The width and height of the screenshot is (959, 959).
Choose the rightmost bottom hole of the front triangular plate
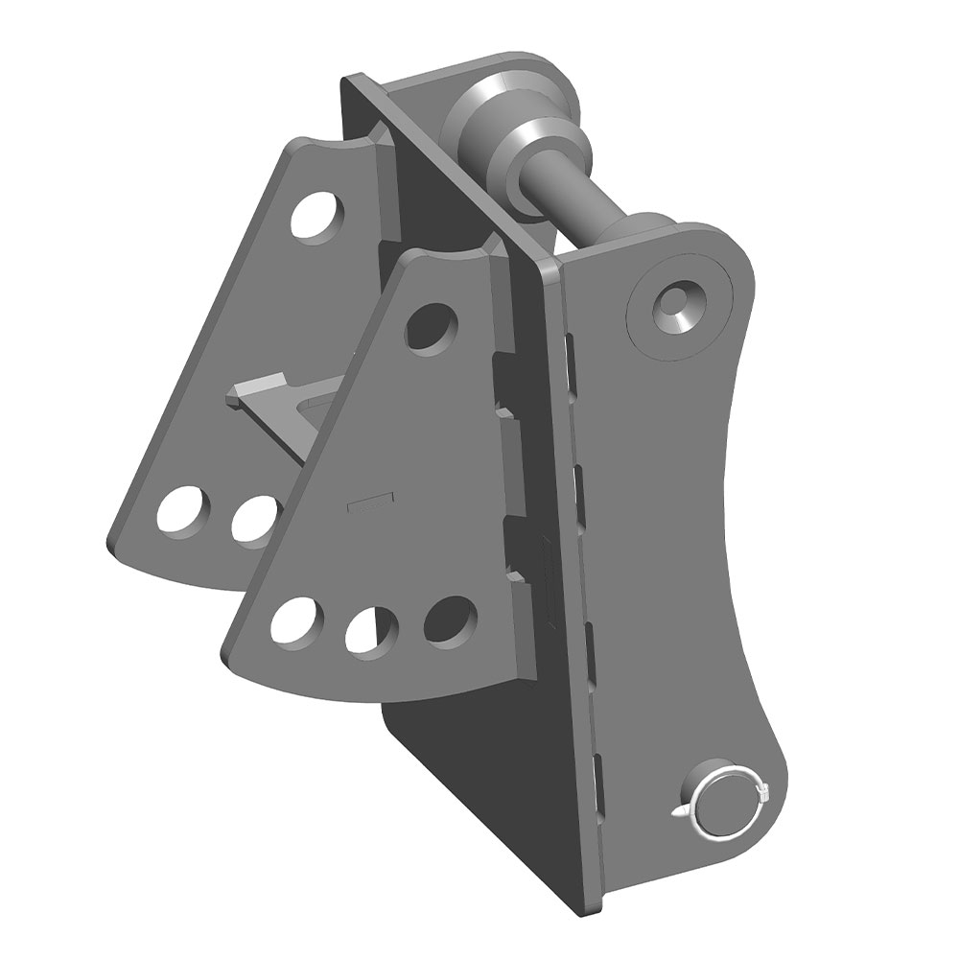pos(448,619)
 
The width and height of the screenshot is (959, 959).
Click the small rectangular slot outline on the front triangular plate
pos(369,500)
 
